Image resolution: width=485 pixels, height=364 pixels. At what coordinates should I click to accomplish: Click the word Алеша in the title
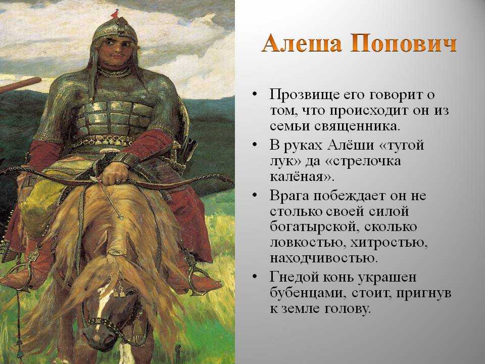pos(302,43)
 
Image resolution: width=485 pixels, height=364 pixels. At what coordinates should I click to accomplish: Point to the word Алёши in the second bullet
pos(351,145)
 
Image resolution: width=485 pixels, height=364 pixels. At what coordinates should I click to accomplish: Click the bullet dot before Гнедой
pos(255,276)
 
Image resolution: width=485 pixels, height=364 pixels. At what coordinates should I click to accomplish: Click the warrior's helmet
pos(115,30)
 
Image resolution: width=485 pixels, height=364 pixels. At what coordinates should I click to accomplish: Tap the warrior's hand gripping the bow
pos(114,173)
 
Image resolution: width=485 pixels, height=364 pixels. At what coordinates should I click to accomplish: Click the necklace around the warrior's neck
pos(115,72)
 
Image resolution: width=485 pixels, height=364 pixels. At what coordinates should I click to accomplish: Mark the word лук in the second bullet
pos(280,161)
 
